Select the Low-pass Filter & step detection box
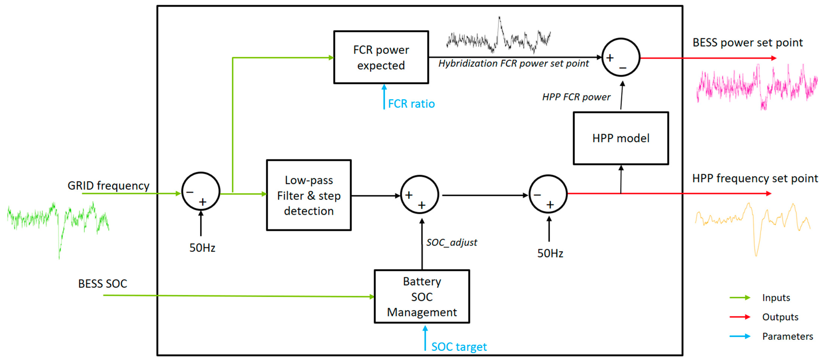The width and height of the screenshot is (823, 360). [x=309, y=195]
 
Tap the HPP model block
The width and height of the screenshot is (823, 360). [x=621, y=138]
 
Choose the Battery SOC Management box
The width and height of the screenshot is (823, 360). [x=422, y=296]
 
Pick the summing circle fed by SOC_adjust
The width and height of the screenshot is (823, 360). [x=420, y=195]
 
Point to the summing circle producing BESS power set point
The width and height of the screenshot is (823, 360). [x=621, y=58]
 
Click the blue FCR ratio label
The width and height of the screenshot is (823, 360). [x=411, y=104]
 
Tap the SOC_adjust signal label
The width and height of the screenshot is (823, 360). [x=451, y=242]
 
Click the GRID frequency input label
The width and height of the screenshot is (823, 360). [x=108, y=186]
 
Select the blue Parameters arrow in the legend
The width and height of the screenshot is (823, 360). [x=740, y=336]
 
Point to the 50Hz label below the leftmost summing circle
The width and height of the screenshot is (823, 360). [x=202, y=248]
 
